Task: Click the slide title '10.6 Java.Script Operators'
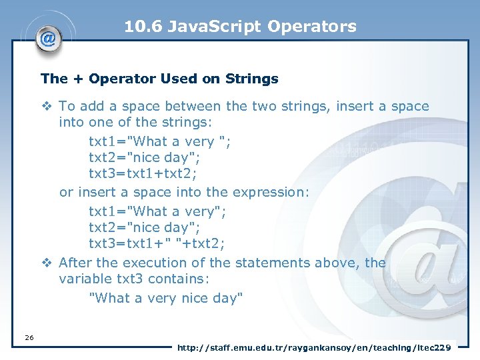click(x=240, y=27)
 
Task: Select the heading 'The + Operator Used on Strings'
click(x=159, y=79)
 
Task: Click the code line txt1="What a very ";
click(x=160, y=141)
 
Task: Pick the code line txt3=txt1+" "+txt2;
click(x=157, y=243)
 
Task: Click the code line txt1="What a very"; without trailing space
click(x=157, y=211)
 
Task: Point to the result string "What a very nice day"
click(x=166, y=298)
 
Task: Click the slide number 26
click(x=29, y=338)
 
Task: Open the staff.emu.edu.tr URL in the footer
click(x=313, y=347)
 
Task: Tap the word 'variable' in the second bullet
click(x=85, y=279)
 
